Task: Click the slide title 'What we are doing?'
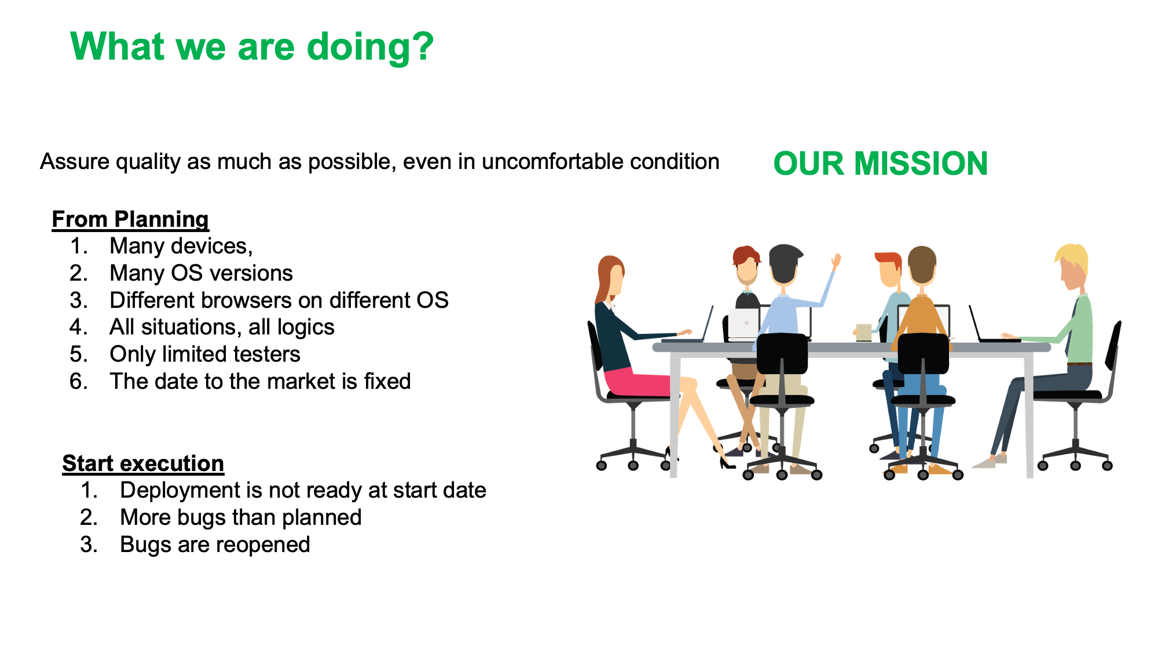[252, 46]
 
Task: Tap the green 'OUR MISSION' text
[880, 163]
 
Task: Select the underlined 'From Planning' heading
[130, 220]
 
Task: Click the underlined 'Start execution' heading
[143, 464]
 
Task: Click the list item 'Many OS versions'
[201, 273]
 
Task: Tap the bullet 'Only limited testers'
[205, 354]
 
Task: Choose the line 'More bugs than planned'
[241, 517]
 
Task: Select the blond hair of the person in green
[1073, 259]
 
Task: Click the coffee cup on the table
[863, 333]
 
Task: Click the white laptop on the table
[743, 325]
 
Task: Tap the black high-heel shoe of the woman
[725, 461]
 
